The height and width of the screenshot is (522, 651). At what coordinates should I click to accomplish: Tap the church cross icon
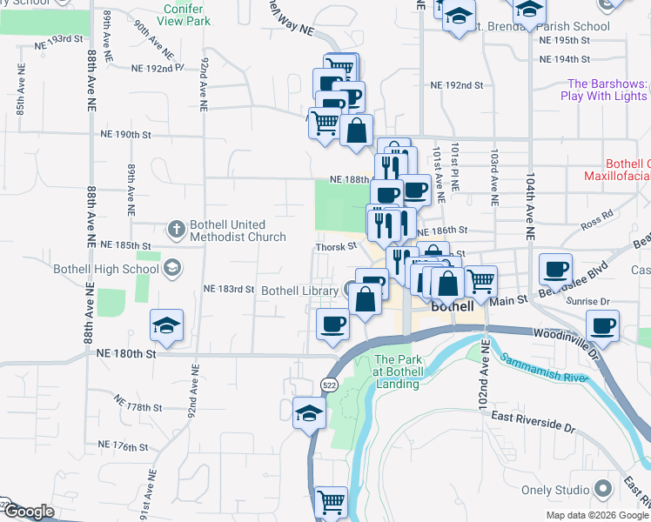tap(176, 230)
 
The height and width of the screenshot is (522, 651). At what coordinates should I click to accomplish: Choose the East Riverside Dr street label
tap(534, 423)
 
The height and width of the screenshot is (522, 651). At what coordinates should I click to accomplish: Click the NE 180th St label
tap(126, 354)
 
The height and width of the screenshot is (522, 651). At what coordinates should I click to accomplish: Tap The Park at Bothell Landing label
tap(398, 371)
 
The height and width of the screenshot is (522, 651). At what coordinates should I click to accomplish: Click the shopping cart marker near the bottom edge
tap(331, 502)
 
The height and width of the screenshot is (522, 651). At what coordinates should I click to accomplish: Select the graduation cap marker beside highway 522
tap(308, 412)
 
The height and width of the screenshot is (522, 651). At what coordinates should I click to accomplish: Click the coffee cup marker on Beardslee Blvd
tap(555, 269)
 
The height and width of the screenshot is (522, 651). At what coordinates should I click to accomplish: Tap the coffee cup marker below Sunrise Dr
tap(601, 326)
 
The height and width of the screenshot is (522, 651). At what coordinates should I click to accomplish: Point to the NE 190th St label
tap(126, 135)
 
